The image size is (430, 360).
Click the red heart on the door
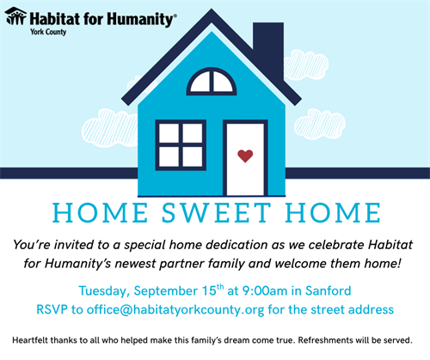pyautogui.click(x=245, y=156)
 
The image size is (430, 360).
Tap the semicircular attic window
pyautogui.click(x=212, y=82)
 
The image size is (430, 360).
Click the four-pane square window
pyautogui.click(x=181, y=145)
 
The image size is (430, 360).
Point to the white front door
pyautogui.click(x=245, y=158)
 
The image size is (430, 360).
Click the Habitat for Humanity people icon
pyautogui.click(x=15, y=16)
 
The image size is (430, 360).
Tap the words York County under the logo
pyautogui.click(x=48, y=32)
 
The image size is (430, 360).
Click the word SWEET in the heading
pyautogui.click(x=217, y=213)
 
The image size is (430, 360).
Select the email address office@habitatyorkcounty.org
pyautogui.click(x=175, y=310)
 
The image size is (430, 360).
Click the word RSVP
pyautogui.click(x=52, y=309)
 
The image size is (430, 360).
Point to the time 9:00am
pyautogui.click(x=265, y=291)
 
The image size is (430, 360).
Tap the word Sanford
pyautogui.click(x=328, y=290)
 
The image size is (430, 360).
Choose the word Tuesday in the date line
pyautogui.click(x=102, y=291)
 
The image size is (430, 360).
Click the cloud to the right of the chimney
pyautogui.click(x=306, y=64)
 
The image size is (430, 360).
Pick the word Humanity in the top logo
pyautogui.click(x=140, y=20)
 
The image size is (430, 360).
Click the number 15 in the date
pyautogui.click(x=209, y=291)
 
